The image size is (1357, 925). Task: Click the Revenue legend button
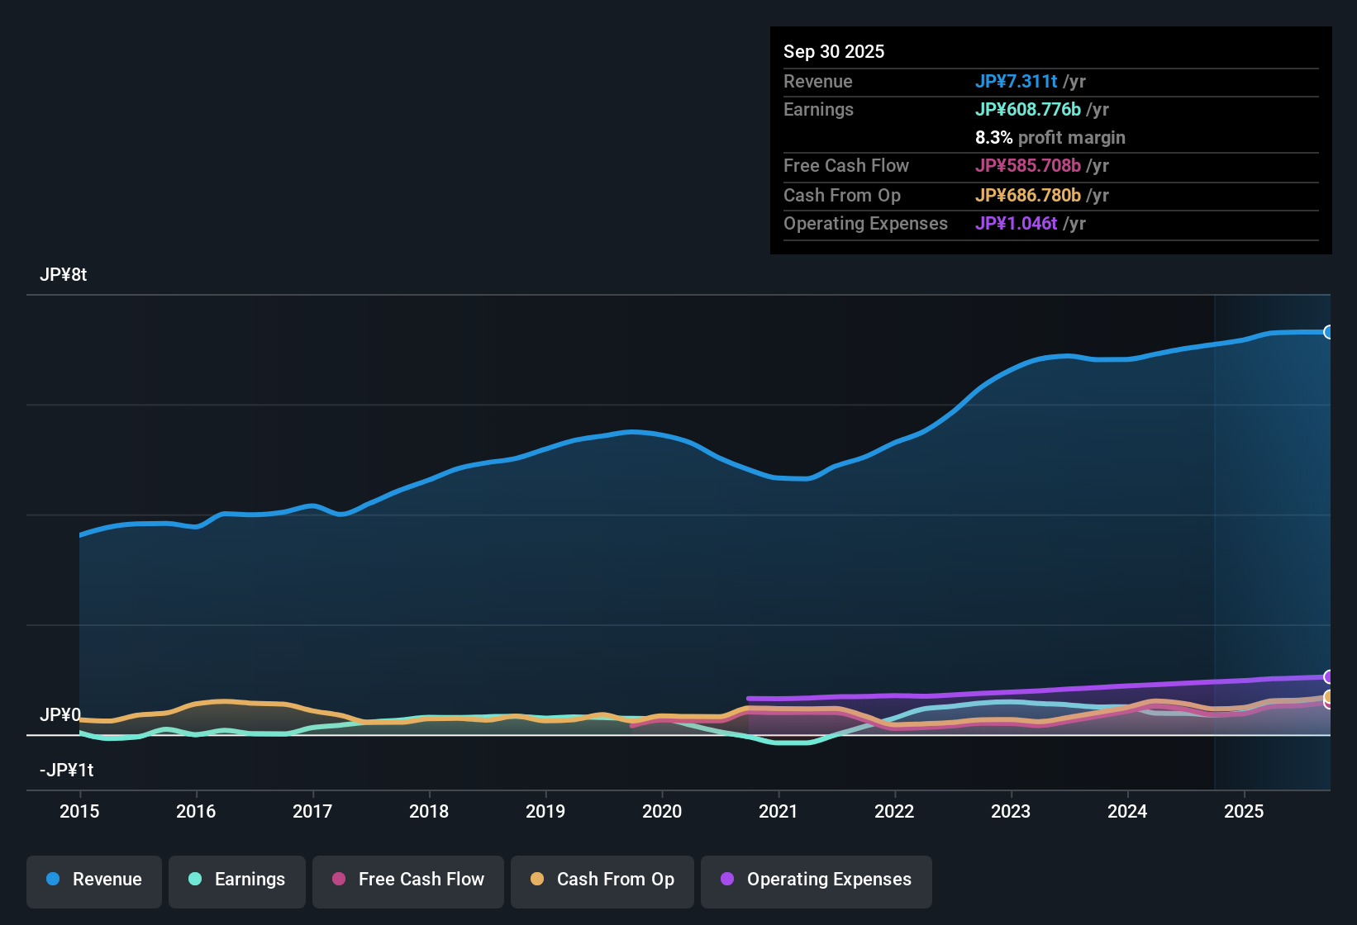pos(94,880)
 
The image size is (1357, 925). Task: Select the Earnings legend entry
pos(237,880)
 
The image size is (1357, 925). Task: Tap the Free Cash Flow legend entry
pos(408,880)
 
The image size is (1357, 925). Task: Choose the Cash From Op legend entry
pos(602,880)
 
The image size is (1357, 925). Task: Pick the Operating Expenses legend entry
pos(817,880)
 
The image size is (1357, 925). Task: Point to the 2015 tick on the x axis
pos(79,811)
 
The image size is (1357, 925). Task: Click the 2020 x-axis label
pos(662,811)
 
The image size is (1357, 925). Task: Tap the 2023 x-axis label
pos(1011,811)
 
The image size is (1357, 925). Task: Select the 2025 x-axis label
pos(1244,811)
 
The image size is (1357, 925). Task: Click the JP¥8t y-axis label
pos(63,275)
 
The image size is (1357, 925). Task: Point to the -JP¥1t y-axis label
pos(66,771)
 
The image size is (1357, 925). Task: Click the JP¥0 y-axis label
pos(60,715)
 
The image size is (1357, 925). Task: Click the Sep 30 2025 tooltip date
pos(834,51)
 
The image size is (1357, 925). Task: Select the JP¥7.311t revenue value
pos(1016,81)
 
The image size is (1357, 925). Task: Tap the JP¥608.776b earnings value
pos(1027,109)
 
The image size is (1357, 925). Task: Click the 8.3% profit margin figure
pos(993,137)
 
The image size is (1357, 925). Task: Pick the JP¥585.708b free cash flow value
pos(1027,165)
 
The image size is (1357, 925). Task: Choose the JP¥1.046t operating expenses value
pos(1016,223)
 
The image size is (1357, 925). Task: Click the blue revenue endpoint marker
pos(1328,332)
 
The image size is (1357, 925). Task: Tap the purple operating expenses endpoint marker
pos(1328,677)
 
